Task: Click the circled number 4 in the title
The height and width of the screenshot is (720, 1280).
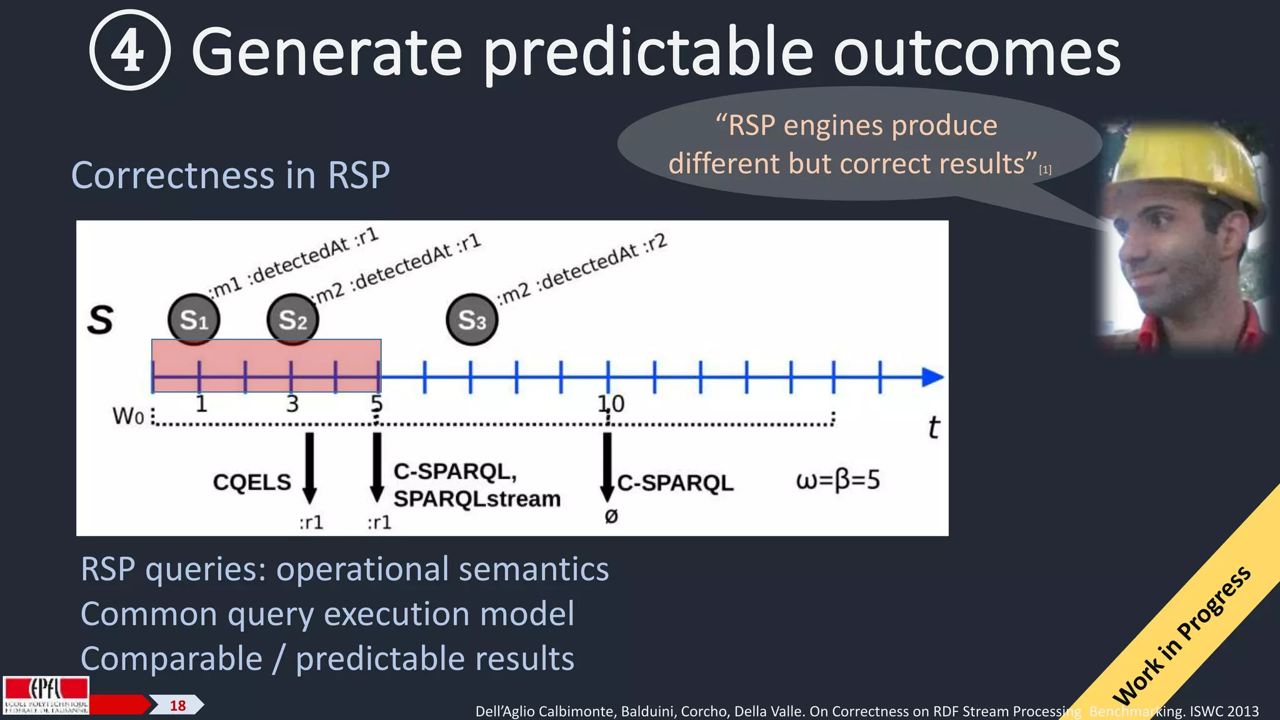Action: [x=129, y=51]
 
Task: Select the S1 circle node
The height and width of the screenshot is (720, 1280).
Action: [x=194, y=319]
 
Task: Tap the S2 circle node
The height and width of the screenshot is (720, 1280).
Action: [x=292, y=319]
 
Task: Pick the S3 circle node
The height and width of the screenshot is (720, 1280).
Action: [x=472, y=320]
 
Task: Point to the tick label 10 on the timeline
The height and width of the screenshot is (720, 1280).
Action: [x=611, y=404]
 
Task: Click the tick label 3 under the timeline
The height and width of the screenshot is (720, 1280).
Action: [x=292, y=404]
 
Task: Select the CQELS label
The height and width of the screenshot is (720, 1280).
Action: [x=252, y=482]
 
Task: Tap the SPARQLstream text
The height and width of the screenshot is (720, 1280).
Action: [x=477, y=499]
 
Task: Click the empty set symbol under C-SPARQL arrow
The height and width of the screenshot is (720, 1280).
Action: [x=611, y=516]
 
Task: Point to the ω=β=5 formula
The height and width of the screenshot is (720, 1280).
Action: [x=837, y=480]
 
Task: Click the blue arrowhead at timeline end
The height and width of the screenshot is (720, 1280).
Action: [x=932, y=377]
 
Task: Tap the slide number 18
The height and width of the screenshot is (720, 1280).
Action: [x=177, y=706]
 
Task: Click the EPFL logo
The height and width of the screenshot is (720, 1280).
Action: [x=46, y=695]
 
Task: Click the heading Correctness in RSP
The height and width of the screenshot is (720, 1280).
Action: [x=231, y=175]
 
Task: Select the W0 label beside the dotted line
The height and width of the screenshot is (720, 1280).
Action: [x=127, y=416]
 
